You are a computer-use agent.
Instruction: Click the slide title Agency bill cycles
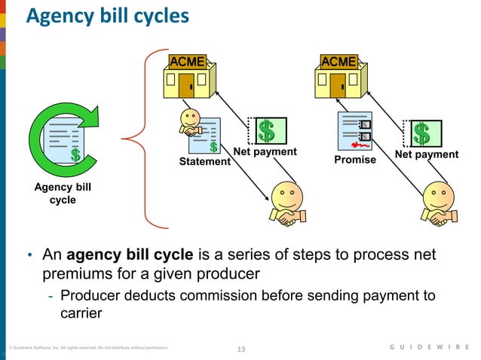(x=108, y=16)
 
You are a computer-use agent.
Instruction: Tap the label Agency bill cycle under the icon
(x=63, y=193)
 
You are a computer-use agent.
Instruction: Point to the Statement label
(x=204, y=162)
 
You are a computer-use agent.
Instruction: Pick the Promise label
(x=355, y=160)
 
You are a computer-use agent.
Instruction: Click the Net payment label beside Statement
(x=265, y=152)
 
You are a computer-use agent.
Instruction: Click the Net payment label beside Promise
(x=427, y=154)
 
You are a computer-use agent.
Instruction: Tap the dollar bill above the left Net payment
(x=268, y=131)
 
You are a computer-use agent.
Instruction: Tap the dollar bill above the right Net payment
(x=422, y=133)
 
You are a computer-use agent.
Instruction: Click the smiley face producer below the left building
(x=286, y=203)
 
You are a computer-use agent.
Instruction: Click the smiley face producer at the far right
(x=440, y=203)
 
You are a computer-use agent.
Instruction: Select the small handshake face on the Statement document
(x=191, y=122)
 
